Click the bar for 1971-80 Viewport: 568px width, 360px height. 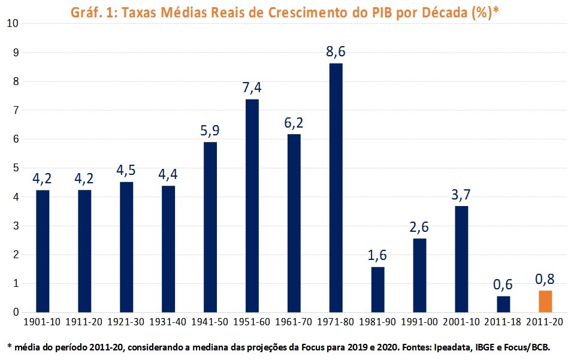(x=336, y=187)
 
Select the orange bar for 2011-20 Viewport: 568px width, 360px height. (x=545, y=301)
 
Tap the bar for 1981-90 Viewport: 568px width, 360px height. (x=377, y=289)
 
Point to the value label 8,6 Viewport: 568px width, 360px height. (x=336, y=52)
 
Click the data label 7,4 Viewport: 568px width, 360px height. (x=252, y=87)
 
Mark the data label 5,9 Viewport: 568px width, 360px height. (x=210, y=130)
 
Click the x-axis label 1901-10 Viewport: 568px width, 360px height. (x=42, y=322)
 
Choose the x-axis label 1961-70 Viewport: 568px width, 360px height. (x=294, y=322)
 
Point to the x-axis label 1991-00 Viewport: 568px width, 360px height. (x=419, y=322)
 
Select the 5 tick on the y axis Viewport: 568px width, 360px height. (x=14, y=168)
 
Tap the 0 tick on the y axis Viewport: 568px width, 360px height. (x=14, y=312)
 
